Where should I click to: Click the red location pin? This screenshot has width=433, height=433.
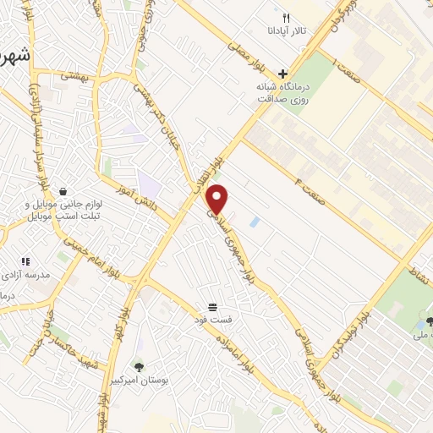[x=218, y=199]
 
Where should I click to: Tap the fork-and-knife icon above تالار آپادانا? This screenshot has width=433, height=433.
[x=287, y=18]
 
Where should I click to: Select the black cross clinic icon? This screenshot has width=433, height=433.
[x=283, y=74]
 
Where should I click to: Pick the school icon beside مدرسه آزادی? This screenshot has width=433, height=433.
[x=25, y=261]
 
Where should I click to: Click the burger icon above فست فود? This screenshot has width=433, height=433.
[x=213, y=307]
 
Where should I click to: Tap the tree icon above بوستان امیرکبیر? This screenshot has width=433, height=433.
[x=140, y=366]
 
